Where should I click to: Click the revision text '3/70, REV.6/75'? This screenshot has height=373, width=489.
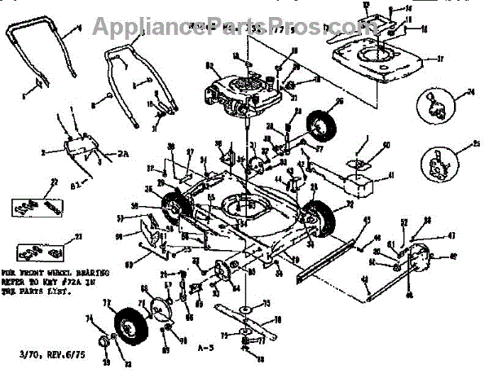38,353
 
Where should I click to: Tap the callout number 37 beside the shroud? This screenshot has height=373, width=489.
439,59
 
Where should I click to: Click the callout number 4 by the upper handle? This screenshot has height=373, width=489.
80,29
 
